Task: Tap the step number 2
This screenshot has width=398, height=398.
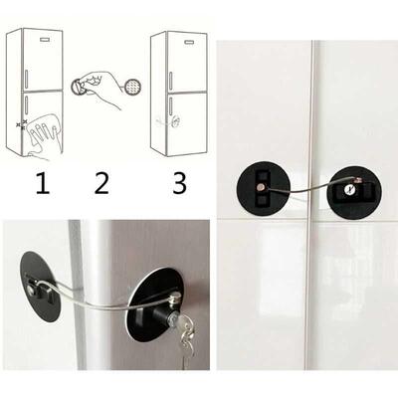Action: click(x=99, y=182)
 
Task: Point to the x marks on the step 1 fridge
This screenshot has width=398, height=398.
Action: click(x=19, y=126)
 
